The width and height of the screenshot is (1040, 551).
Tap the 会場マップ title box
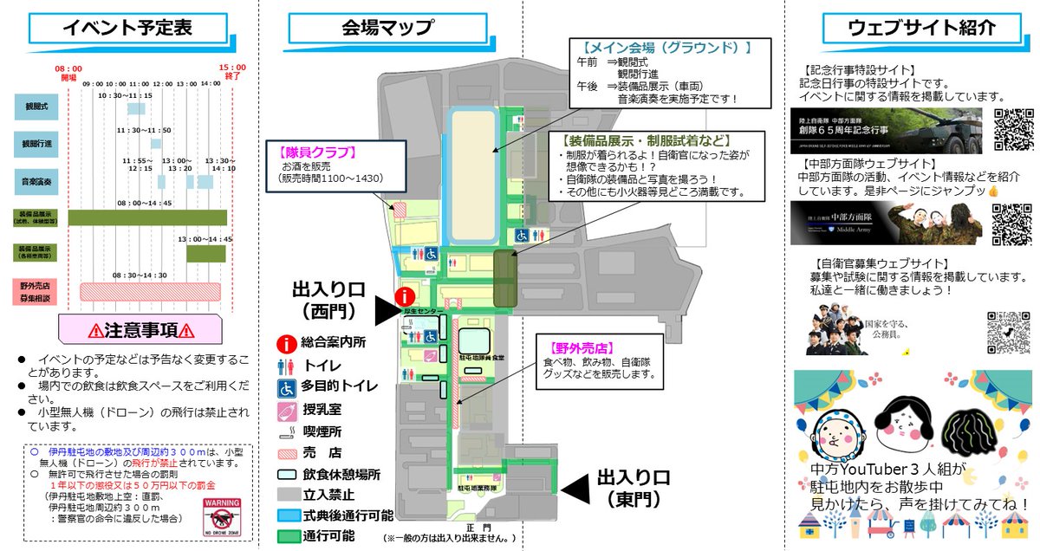coord(387,28)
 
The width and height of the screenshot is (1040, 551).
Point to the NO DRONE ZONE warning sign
coord(222,517)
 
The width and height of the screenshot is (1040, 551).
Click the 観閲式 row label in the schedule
coord(36,107)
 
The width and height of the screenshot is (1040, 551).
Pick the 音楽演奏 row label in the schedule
coord(36,182)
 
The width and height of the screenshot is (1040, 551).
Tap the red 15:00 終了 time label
coord(232,72)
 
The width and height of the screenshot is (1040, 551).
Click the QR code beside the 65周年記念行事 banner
coord(1013,129)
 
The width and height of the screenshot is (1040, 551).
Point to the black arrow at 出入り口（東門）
coord(575,489)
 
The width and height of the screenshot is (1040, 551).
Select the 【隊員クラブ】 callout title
coord(318,152)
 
